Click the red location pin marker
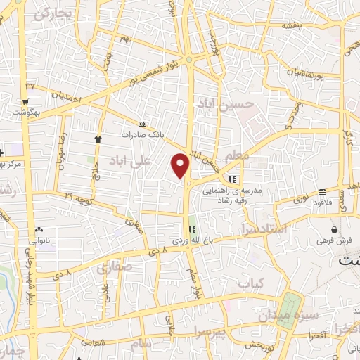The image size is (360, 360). click(x=181, y=165)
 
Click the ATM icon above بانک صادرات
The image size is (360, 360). click(x=143, y=122)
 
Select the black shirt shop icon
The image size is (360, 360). click(x=98, y=139)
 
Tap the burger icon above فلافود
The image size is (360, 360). click(x=322, y=191)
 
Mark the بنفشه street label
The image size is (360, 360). click(x=291, y=25)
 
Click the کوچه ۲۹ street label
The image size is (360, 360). click(x=77, y=194)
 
